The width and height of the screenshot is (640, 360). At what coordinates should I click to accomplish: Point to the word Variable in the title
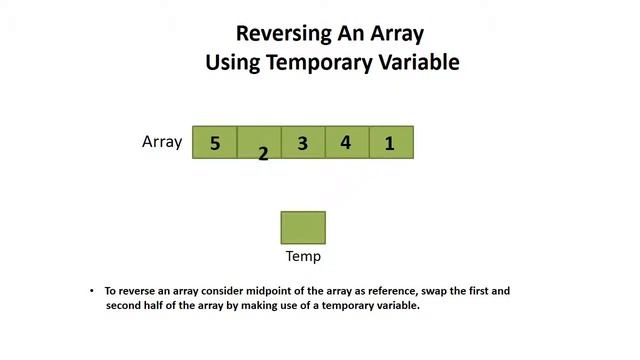(x=419, y=62)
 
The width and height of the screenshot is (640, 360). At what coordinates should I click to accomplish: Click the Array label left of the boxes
(x=162, y=142)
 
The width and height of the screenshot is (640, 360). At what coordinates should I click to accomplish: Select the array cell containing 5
(x=215, y=143)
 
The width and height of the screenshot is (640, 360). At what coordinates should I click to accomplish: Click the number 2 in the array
(x=263, y=154)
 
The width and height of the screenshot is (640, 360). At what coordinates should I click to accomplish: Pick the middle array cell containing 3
(x=302, y=143)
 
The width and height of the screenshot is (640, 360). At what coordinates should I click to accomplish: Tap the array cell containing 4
(x=346, y=142)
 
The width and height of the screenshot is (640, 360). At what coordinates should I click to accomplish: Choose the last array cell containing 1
(x=390, y=143)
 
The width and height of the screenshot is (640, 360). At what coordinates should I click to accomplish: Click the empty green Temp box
(x=303, y=227)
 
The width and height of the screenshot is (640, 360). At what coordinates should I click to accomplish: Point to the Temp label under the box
(x=303, y=256)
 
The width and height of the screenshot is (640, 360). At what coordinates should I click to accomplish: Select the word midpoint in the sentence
(x=259, y=291)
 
